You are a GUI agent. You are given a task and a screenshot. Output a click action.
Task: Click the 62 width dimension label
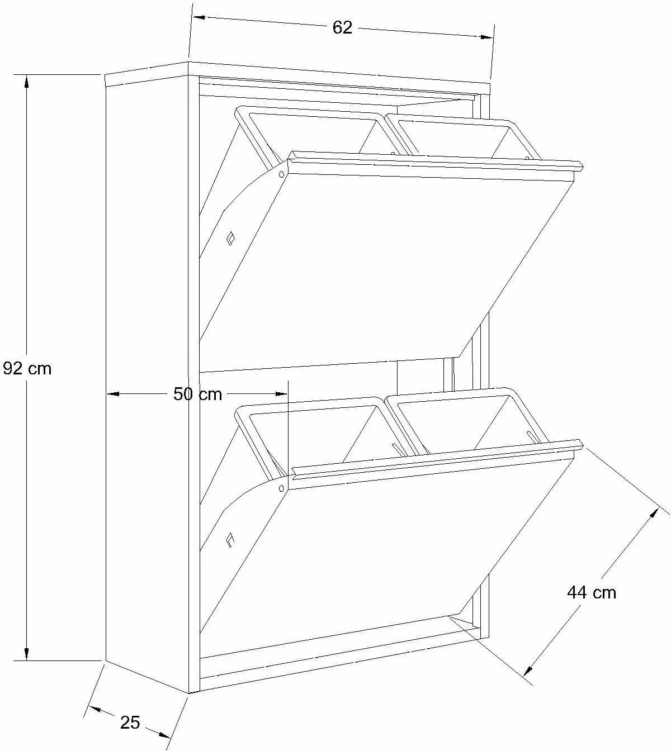342,28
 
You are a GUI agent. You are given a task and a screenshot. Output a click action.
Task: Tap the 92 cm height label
27,368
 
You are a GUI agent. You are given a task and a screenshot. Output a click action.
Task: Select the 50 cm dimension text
198,394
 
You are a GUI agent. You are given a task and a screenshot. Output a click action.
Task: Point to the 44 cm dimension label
592,592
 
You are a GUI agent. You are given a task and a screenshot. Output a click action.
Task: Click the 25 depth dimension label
130,722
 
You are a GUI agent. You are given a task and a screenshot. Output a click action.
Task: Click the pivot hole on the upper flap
281,174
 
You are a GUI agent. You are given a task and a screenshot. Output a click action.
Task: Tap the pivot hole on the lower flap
281,488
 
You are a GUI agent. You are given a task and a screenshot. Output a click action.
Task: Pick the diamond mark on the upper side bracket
231,238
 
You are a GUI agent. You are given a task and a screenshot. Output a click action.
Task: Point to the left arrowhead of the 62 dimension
199,17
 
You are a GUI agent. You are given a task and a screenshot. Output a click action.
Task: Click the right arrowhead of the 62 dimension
486,37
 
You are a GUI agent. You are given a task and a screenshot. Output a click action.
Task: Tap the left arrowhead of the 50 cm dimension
113,394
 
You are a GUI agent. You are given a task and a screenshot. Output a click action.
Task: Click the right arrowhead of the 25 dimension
164,734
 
